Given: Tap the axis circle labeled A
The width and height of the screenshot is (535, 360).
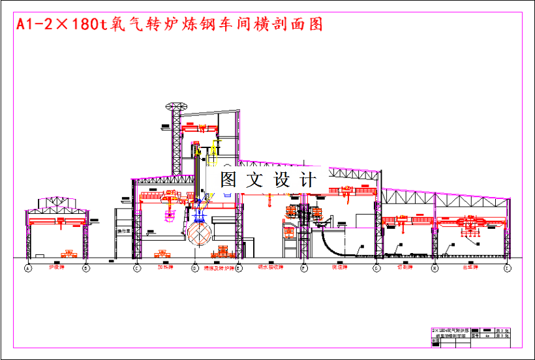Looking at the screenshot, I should click(x=28, y=268).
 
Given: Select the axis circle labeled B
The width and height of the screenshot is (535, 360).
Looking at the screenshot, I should click(x=85, y=268).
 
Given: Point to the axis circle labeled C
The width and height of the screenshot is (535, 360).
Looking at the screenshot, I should click(x=137, y=268).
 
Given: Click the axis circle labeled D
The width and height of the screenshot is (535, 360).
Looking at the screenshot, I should click(x=194, y=268).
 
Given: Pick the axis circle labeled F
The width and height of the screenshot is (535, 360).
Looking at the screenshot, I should click(x=303, y=268).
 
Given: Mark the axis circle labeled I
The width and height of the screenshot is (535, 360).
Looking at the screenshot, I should click(x=507, y=268).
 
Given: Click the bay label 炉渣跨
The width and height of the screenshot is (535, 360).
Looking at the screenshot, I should click(x=57, y=267).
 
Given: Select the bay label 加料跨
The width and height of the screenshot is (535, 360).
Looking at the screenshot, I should click(x=164, y=267).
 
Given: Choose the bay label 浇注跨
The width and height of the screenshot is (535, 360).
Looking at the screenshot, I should click(x=339, y=267).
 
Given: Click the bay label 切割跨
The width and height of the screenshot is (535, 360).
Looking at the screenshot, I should click(x=405, y=267).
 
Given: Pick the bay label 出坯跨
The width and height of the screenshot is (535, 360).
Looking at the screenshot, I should click(x=470, y=267).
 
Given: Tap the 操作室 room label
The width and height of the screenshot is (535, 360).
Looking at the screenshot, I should click(x=124, y=231).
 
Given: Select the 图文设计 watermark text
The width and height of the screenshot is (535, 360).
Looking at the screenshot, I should click(x=267, y=179).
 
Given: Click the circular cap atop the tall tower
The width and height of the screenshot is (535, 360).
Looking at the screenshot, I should click(x=176, y=106).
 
